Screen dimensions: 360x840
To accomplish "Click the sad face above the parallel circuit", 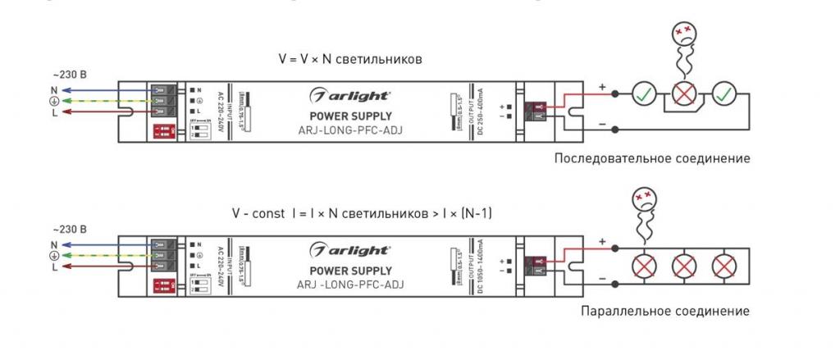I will [643, 202].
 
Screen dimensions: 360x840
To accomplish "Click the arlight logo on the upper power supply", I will [350, 96].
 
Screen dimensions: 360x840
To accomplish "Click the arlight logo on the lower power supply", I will [350, 249].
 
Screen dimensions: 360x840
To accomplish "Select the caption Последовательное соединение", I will [651, 157].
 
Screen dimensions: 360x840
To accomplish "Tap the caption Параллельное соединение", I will [664, 312].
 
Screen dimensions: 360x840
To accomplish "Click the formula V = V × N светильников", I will [349, 60].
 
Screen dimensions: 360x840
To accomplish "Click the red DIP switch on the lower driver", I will [162, 285].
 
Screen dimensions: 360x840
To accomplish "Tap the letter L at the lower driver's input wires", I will [54, 267].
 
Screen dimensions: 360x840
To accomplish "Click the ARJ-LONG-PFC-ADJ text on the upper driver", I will [350, 130].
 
